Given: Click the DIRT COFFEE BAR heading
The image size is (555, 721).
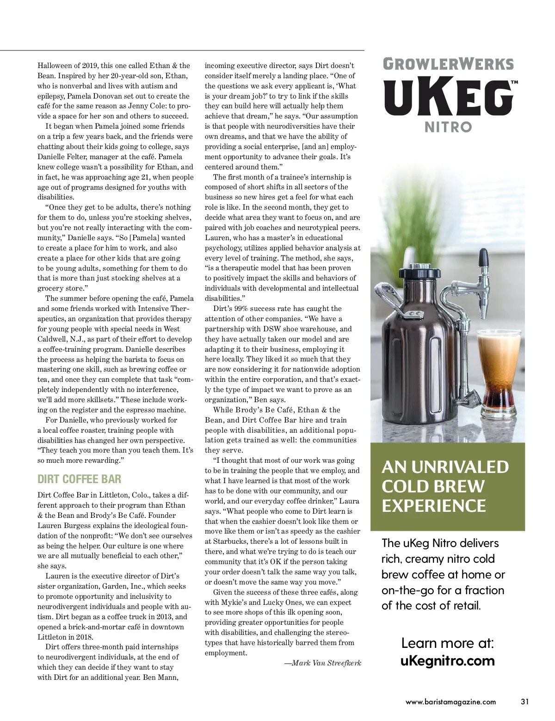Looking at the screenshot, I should click(x=79, y=479).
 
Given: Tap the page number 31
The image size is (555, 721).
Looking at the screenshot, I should click(x=524, y=702).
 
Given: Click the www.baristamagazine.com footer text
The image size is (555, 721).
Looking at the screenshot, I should click(x=450, y=702).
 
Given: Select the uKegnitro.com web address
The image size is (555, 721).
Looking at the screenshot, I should click(x=447, y=660).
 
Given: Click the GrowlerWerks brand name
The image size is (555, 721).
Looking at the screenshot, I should click(x=447, y=63).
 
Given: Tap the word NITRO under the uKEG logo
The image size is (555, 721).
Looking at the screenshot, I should click(x=448, y=127).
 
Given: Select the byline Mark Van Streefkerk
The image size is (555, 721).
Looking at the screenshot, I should click(x=322, y=663).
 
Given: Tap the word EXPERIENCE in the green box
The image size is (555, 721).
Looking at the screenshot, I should click(x=434, y=505).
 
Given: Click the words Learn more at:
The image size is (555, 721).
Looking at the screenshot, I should click(x=447, y=643).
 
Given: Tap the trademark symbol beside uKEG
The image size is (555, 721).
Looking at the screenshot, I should click(x=513, y=82).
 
